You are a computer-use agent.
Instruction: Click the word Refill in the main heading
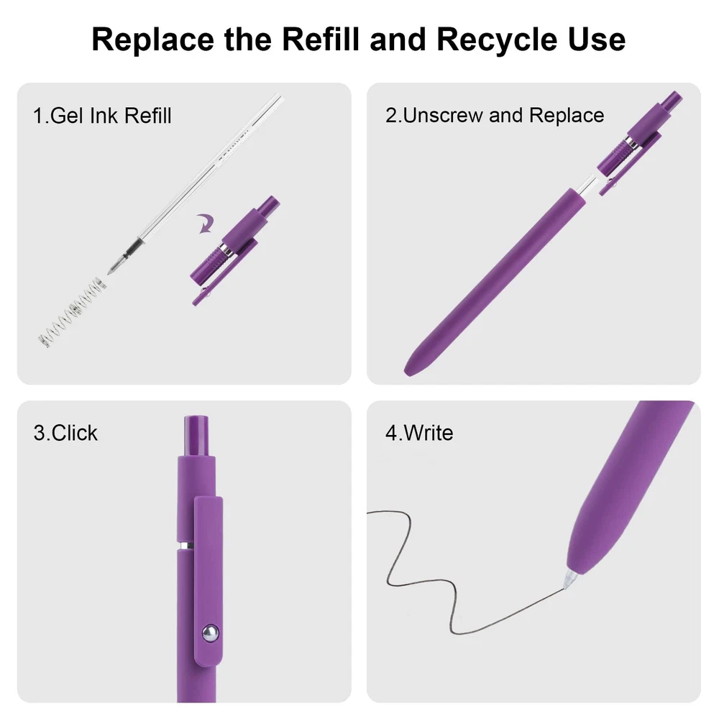tap(320, 40)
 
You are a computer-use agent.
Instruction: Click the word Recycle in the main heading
tap(497, 40)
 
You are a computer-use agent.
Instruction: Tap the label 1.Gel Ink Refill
tap(102, 116)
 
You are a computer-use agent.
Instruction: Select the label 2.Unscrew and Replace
tap(495, 116)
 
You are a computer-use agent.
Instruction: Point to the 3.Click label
tap(65, 433)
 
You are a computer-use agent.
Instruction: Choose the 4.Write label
tap(419, 433)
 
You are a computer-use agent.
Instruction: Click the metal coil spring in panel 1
tap(73, 312)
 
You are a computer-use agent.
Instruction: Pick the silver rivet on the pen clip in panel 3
tap(210, 633)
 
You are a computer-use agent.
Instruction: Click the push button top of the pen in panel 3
tap(196, 436)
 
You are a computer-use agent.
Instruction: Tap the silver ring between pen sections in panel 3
tap(186, 546)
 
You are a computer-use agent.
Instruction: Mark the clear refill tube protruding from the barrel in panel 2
tap(587, 186)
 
